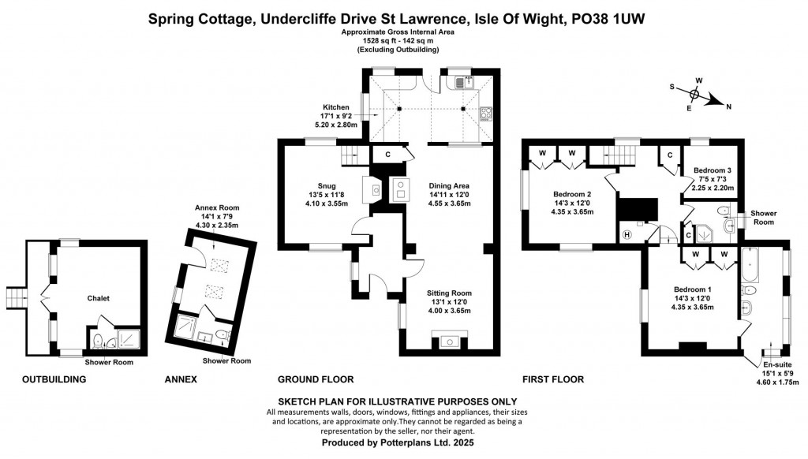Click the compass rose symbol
tap(694, 95)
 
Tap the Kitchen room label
tap(340, 106)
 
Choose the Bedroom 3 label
tap(713, 170)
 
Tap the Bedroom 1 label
tap(693, 289)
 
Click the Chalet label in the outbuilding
tap(99, 298)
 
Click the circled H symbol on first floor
tap(628, 234)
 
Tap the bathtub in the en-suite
tap(750, 264)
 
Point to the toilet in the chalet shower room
tap(98, 341)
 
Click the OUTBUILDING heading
tap(54, 379)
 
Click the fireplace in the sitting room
tap(449, 341)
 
